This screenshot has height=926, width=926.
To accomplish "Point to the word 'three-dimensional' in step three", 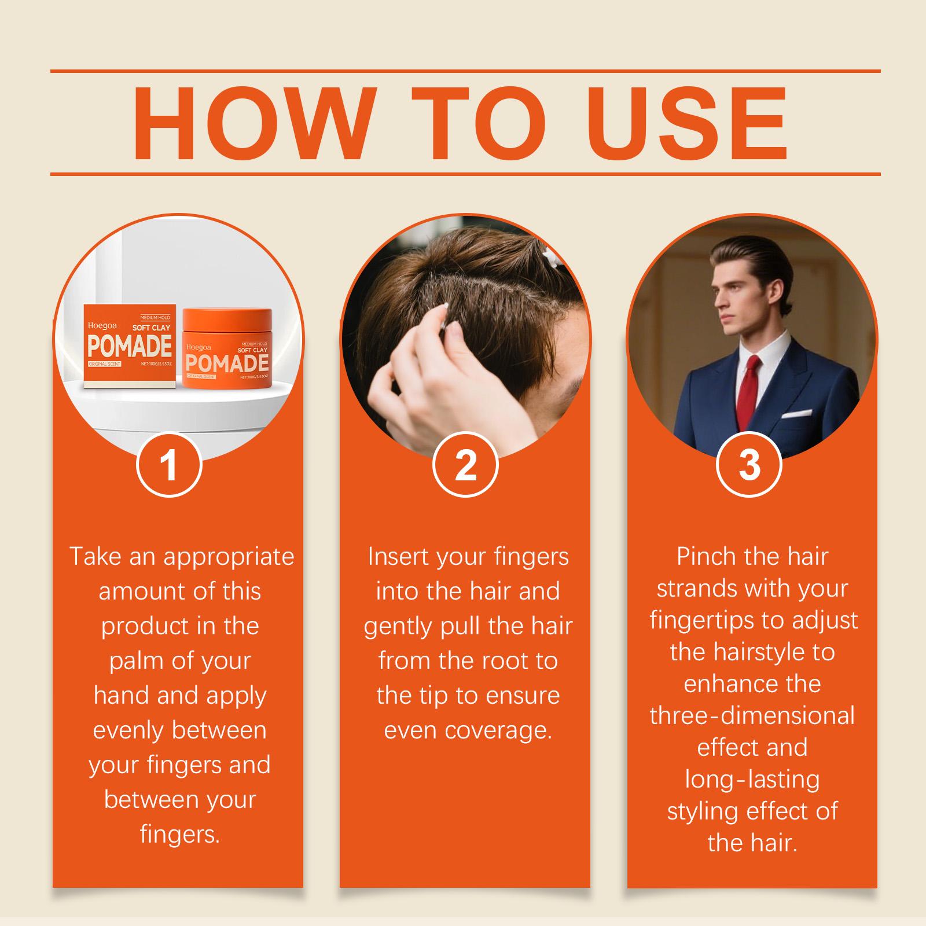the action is [x=752, y=716].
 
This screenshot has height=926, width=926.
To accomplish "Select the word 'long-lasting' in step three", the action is [x=752, y=780].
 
